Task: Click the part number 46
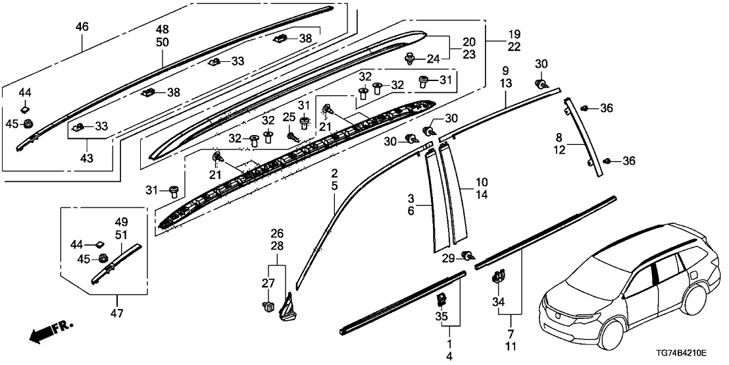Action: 82,27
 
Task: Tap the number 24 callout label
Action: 432,59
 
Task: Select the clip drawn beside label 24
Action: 411,59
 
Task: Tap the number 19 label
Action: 513,33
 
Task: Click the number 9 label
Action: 505,70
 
